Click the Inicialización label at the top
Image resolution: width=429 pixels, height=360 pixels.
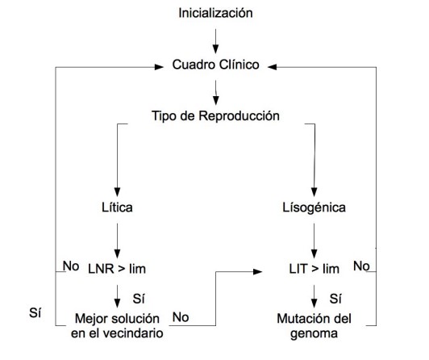215,13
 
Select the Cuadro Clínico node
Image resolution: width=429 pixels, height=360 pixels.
215,65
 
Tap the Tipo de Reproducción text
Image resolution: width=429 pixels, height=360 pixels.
215,115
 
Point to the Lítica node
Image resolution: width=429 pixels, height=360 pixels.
117,207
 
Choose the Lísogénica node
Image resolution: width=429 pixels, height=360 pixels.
314,207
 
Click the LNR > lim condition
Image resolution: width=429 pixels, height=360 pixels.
117,269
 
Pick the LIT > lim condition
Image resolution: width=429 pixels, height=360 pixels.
314,269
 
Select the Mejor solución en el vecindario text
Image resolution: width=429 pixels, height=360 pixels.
117,326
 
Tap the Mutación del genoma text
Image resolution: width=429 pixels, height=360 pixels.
314,326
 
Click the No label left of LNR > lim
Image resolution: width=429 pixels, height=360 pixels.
71,266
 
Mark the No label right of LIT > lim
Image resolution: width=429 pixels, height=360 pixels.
361,266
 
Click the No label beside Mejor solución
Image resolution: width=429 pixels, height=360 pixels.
181,317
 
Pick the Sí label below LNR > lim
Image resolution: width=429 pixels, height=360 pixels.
139,299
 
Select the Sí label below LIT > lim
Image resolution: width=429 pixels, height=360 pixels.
335,299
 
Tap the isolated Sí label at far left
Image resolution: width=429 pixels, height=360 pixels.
35,312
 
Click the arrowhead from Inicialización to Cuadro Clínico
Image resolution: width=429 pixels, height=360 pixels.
215,49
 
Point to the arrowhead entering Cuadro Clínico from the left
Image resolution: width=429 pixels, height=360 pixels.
159,67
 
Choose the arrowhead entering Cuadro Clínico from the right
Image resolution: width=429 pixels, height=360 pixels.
273,67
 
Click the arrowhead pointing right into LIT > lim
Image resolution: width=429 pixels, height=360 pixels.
258,271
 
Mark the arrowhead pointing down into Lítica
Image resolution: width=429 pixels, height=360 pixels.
117,192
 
